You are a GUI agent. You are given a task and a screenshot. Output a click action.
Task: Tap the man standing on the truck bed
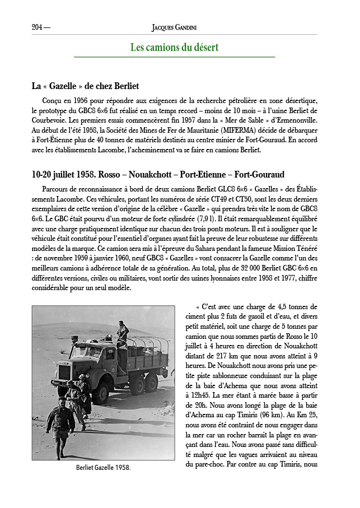(122, 332)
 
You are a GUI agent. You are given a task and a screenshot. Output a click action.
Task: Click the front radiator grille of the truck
(64, 372)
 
